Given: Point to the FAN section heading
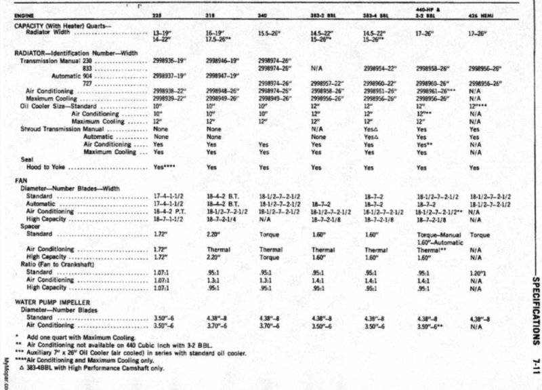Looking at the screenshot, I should (20, 180).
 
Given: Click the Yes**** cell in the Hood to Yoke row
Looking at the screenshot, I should (165, 167).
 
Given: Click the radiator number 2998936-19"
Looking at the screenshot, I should (169, 60).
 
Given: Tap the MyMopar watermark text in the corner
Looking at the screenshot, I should (5, 373).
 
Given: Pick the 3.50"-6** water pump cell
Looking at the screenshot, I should (432, 326).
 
